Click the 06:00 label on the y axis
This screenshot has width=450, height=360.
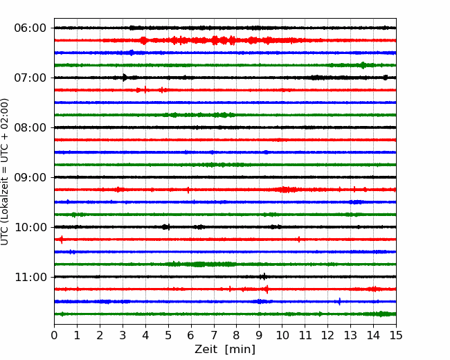coord(30,28)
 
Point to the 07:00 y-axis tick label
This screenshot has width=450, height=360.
coord(30,78)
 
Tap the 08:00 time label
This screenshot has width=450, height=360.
coord(30,128)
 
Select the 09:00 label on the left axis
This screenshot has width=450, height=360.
coord(30,177)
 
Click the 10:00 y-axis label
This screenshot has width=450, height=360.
coord(30,227)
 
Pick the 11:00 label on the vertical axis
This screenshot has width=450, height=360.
coord(30,278)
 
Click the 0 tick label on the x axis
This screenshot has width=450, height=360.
coord(54,335)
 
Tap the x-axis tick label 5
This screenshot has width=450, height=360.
coord(168,335)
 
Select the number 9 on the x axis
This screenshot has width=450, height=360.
coord(260,335)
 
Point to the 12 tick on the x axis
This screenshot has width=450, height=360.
coord(327,335)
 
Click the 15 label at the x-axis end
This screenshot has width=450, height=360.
coord(396,335)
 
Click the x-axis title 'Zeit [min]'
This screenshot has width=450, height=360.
coord(225,350)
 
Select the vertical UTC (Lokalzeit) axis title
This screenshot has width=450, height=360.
coord(4,172)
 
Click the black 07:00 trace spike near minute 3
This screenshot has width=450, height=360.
coord(125,78)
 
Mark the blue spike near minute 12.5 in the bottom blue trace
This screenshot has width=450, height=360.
coord(340,301)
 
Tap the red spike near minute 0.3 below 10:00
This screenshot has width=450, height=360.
coord(62,239)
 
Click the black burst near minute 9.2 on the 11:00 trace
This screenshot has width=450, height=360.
coord(264,277)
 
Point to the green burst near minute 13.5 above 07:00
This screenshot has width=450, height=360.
coord(363,65)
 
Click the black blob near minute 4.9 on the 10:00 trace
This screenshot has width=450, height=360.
coord(165,227)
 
